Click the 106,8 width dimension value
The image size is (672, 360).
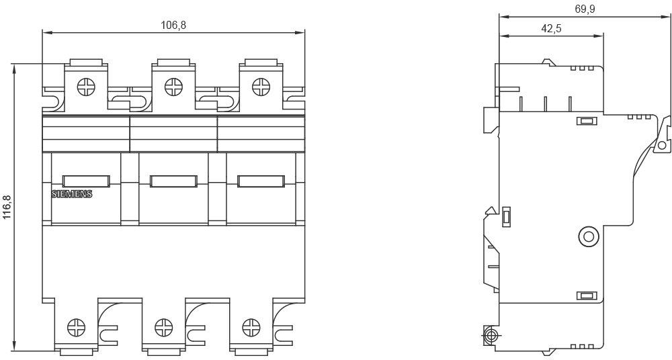point(173,25)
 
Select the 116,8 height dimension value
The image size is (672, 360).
point(7,207)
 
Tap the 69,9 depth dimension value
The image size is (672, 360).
point(585,9)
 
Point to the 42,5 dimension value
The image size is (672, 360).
point(552,29)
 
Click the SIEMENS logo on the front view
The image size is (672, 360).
point(72,194)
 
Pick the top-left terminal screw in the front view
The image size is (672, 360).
point(86,87)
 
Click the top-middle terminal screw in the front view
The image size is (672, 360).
point(173,87)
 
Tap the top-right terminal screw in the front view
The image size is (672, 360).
point(261,87)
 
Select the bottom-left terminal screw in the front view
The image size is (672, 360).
point(77,328)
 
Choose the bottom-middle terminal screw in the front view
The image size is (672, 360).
point(164,328)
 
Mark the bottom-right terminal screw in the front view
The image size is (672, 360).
point(251,328)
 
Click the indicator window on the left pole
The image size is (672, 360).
point(86,181)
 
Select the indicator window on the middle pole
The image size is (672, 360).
point(173,181)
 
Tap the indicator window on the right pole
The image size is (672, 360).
point(261,181)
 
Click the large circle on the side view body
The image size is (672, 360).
point(588,236)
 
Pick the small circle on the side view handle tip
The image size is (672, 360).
point(662,145)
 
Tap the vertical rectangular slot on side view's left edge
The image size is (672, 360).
point(506,216)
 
